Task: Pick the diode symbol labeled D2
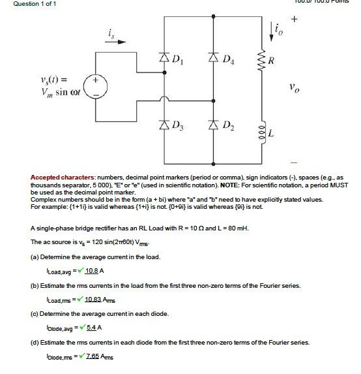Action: [x=212, y=124]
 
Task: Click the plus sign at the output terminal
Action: [x=294, y=19]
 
